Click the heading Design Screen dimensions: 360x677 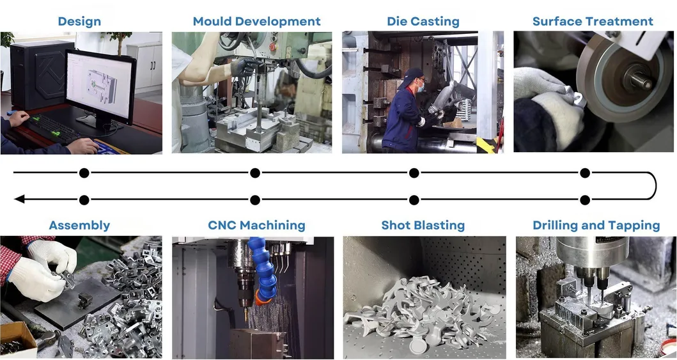pos(79,21)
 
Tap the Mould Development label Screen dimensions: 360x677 pos(256,21)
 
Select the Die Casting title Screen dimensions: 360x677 pos(423,21)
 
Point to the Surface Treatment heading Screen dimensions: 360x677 pos(593,21)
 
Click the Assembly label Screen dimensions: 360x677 pos(79,225)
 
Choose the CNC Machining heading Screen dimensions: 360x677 pos(256,225)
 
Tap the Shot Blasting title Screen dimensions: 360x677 pos(423,225)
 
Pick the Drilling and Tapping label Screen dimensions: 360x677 pos(596,225)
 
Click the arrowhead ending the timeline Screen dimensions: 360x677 pos(19,200)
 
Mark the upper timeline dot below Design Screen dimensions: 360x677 pos(84,173)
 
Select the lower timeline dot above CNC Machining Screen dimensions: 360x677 pos(255,200)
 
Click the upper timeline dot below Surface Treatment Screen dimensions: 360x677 pos(584,173)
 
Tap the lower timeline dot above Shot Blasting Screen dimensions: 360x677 pos(414,200)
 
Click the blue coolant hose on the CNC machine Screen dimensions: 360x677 pos(264,269)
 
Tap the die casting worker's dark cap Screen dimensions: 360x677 pos(415,75)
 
